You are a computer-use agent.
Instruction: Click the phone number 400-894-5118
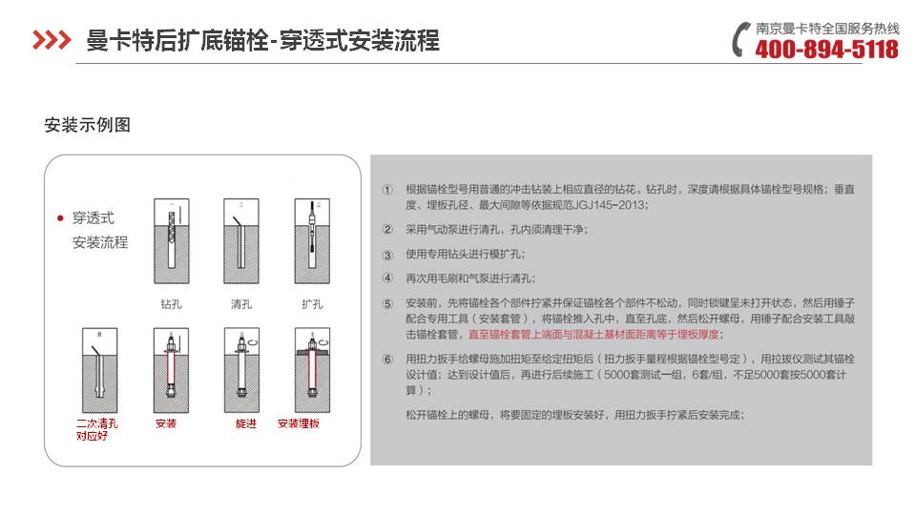click(x=826, y=49)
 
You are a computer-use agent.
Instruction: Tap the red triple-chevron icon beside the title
click(x=52, y=40)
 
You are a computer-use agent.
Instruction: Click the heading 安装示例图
click(x=87, y=125)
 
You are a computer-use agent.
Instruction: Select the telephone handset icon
click(x=742, y=40)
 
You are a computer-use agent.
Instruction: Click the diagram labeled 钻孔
click(x=172, y=242)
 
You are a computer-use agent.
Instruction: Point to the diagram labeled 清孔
click(x=241, y=242)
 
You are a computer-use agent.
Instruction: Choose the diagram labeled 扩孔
click(x=311, y=242)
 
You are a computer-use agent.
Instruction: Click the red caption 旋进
click(x=246, y=423)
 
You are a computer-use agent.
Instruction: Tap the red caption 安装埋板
click(x=299, y=423)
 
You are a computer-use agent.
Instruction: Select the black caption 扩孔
click(x=311, y=305)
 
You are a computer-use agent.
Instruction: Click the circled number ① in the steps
click(x=387, y=190)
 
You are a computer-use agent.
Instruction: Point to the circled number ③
click(x=387, y=255)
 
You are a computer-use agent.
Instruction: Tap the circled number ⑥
click(x=387, y=360)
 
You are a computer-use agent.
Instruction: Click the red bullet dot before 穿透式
click(x=60, y=219)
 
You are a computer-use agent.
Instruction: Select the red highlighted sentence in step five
click(x=595, y=335)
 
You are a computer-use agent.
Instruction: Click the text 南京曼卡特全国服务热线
click(x=827, y=29)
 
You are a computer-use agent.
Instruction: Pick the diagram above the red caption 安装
click(x=172, y=367)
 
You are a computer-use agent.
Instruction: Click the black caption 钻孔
click(x=172, y=305)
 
